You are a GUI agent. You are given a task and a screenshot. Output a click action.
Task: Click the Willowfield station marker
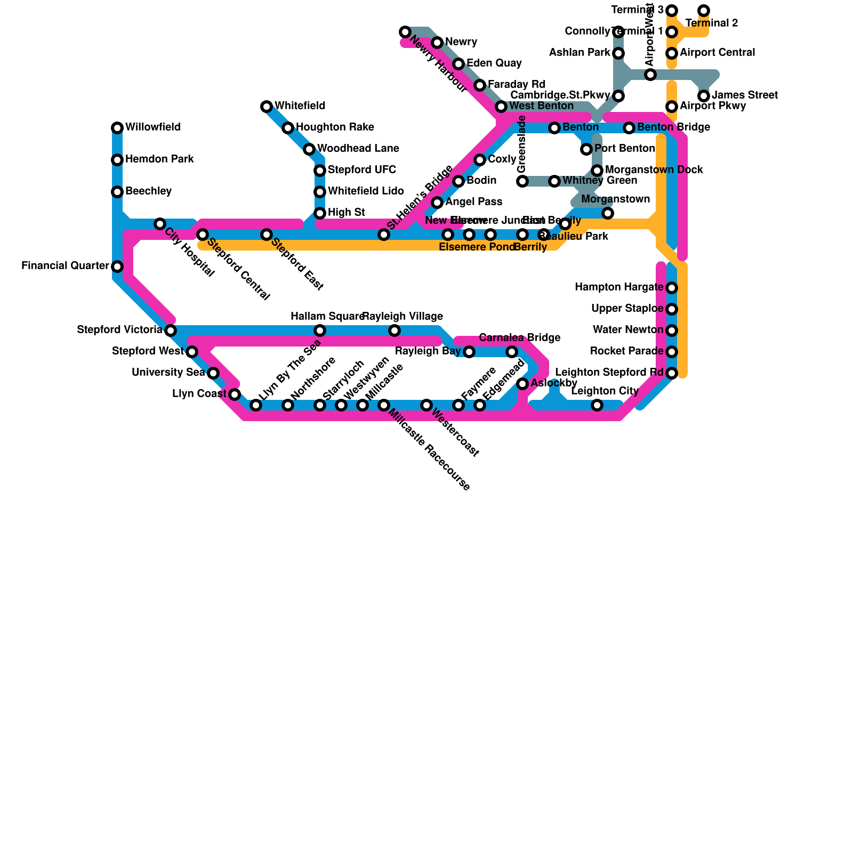pos(117,128)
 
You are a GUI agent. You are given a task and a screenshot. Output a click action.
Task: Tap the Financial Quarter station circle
pos(117,267)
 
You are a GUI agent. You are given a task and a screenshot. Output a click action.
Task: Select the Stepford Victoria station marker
pos(171,331)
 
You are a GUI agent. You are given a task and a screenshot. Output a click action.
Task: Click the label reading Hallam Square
pos(326,317)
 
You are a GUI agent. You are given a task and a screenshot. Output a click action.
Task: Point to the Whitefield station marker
pos(267,107)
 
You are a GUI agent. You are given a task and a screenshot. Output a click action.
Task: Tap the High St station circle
pos(320,213)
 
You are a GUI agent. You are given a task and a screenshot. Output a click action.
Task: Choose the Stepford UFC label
pos(361,170)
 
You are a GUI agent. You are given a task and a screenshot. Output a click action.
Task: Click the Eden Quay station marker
pos(458,64)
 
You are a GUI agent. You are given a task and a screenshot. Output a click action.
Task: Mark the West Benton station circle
pos(501,107)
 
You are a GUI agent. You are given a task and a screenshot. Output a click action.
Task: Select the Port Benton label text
pos(624,149)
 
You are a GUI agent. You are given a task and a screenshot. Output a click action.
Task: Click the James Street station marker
pos(704,96)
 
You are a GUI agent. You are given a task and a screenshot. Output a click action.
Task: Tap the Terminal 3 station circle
pos(672,11)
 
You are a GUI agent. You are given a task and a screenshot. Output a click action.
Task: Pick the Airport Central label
pos(717,53)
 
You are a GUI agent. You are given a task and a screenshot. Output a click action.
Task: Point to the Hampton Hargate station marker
pos(672,288)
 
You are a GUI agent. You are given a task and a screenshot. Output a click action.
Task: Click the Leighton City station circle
pos(597,405)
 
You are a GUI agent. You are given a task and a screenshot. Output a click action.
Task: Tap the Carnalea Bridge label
pos(519,338)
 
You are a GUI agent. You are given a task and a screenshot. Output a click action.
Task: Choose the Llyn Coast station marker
pos(235,395)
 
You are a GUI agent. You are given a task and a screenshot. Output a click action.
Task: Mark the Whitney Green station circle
pos(554,181)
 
